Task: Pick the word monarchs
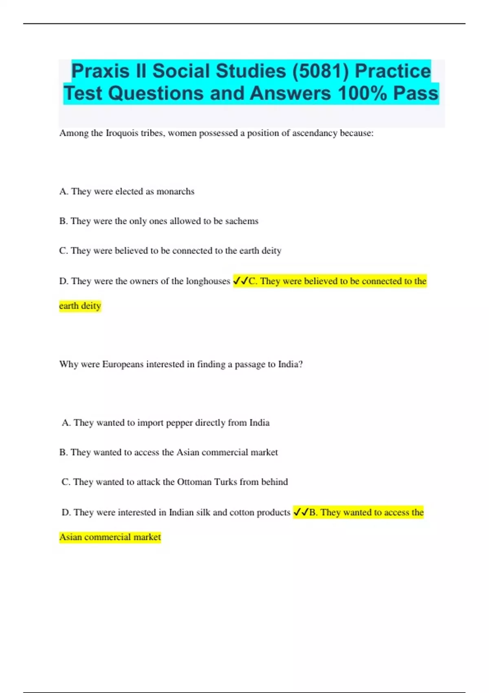175,191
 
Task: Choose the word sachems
242,221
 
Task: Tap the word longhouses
208,281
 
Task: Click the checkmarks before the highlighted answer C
240,281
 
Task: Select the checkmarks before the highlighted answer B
301,512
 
